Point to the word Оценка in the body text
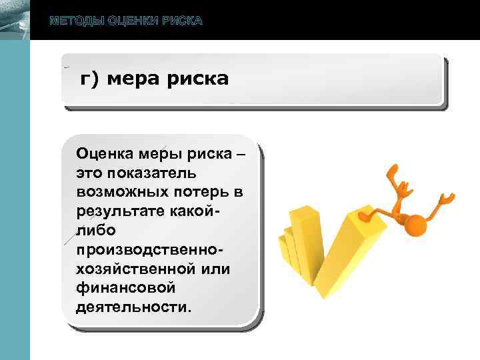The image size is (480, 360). coord(105,153)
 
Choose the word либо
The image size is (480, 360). coord(97,231)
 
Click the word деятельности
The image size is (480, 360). coord(133,307)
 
